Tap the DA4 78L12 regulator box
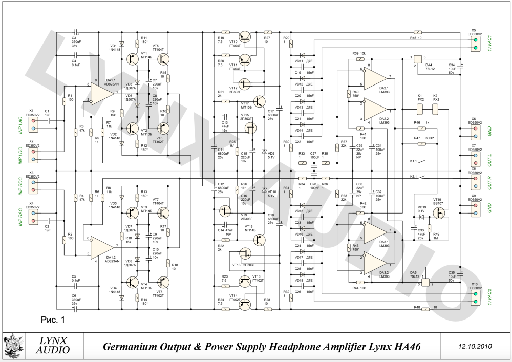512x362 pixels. pyautogui.click(x=416, y=61)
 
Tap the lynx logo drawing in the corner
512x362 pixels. pyautogui.click(x=14, y=346)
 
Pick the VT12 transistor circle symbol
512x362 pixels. pyautogui.click(x=245, y=83)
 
